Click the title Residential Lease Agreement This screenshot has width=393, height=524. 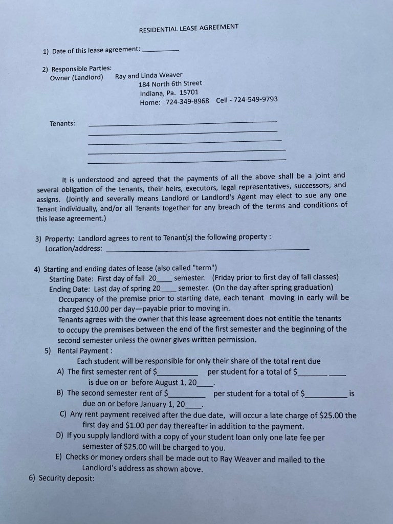(189, 28)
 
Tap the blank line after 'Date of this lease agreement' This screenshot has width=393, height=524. (160, 50)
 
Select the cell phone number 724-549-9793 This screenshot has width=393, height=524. (255, 99)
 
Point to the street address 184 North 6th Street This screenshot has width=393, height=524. (171, 83)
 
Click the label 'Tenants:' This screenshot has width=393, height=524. (62, 123)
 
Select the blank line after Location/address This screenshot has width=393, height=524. (207, 248)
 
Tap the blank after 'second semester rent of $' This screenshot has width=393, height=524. (188, 395)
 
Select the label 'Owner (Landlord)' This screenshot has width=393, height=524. (76, 78)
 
